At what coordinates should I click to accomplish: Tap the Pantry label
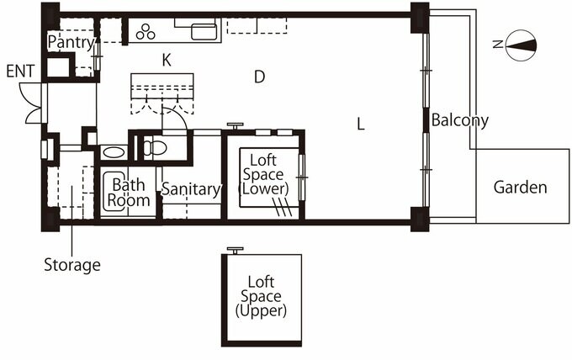(70, 40)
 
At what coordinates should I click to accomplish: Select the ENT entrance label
(19, 71)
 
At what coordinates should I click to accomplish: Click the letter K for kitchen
(167, 59)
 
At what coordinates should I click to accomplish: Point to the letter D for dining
(260, 77)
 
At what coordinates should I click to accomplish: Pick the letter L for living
(360, 124)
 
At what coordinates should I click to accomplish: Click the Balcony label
(459, 120)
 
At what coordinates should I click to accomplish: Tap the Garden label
(520, 187)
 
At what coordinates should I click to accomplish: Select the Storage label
(72, 265)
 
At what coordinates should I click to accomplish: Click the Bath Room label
(130, 193)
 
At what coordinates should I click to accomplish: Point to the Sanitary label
(191, 190)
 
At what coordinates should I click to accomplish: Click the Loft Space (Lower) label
(266, 172)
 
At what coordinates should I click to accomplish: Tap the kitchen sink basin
(203, 31)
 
